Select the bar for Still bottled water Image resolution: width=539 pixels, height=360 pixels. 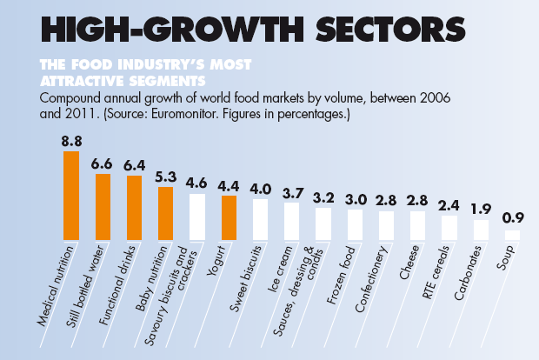(x=103, y=207)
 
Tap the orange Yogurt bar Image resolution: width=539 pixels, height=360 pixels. (x=229, y=217)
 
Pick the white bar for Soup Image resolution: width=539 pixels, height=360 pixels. (x=512, y=235)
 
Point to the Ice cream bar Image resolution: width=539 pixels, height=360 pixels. (x=291, y=221)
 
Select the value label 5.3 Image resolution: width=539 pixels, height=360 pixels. (x=166, y=151)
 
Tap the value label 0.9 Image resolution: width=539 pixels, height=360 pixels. (x=512, y=218)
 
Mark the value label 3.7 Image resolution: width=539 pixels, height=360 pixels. (x=291, y=191)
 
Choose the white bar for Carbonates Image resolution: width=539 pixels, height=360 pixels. (x=481, y=230)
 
